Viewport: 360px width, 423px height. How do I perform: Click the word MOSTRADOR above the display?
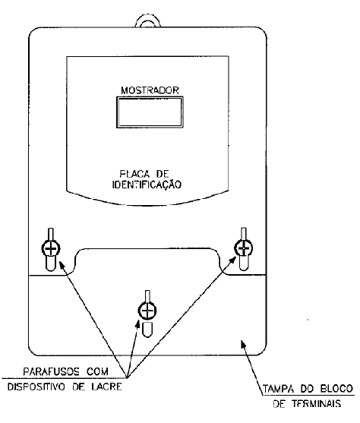[x=150, y=90]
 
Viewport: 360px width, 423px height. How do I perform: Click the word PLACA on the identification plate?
[x=134, y=173]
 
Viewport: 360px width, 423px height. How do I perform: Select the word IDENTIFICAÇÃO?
[x=147, y=185]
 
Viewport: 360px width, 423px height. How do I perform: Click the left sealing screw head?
[x=50, y=248]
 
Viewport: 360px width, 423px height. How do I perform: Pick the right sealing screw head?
[x=244, y=248]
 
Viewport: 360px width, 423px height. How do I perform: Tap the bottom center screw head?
[x=147, y=311]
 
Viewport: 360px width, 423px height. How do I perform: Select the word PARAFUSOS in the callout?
[x=52, y=372]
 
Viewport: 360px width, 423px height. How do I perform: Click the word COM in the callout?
[x=97, y=372]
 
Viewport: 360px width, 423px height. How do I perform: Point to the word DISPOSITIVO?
[x=36, y=387]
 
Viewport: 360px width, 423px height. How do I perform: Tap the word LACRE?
[x=106, y=387]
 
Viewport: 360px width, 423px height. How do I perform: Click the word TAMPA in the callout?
[x=278, y=389]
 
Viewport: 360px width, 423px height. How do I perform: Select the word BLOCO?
[x=336, y=389]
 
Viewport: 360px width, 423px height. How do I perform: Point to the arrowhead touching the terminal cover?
[x=243, y=344]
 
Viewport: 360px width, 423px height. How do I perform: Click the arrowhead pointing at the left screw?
[x=62, y=265]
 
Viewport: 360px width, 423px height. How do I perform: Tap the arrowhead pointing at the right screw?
[x=232, y=260]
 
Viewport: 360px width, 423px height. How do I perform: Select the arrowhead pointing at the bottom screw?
[x=137, y=324]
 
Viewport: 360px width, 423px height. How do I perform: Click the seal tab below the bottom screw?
[x=147, y=330]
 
